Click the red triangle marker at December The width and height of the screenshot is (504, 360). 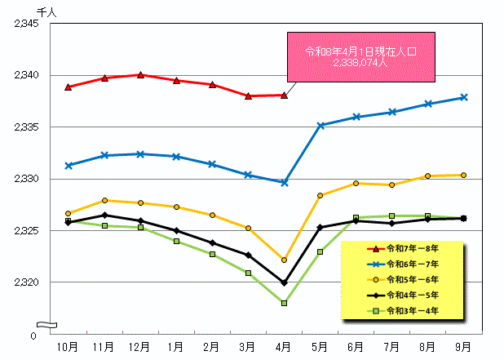click(140, 75)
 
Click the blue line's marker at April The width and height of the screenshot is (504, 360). click(284, 182)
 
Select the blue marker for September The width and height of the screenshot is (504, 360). click(463, 97)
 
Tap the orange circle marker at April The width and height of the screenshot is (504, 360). click(284, 260)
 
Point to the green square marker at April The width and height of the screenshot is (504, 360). click(284, 303)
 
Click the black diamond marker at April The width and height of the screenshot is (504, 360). click(284, 282)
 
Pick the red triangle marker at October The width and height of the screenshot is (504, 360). click(69, 87)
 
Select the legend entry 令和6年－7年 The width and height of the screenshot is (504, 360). click(412, 264)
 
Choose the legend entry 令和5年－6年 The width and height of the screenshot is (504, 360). click(412, 280)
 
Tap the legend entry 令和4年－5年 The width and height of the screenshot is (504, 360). click(412, 296)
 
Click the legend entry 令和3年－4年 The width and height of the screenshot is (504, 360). click(412, 311)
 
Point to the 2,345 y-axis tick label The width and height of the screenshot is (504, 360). click(27, 24)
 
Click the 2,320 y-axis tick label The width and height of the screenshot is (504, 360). click(27, 282)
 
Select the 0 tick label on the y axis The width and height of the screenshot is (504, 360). click(33, 336)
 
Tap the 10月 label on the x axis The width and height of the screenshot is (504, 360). click(69, 347)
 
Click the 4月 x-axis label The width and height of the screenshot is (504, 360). click(284, 347)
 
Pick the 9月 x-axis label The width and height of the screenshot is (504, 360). click(463, 347)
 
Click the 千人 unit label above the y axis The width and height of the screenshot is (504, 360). click(46, 10)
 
